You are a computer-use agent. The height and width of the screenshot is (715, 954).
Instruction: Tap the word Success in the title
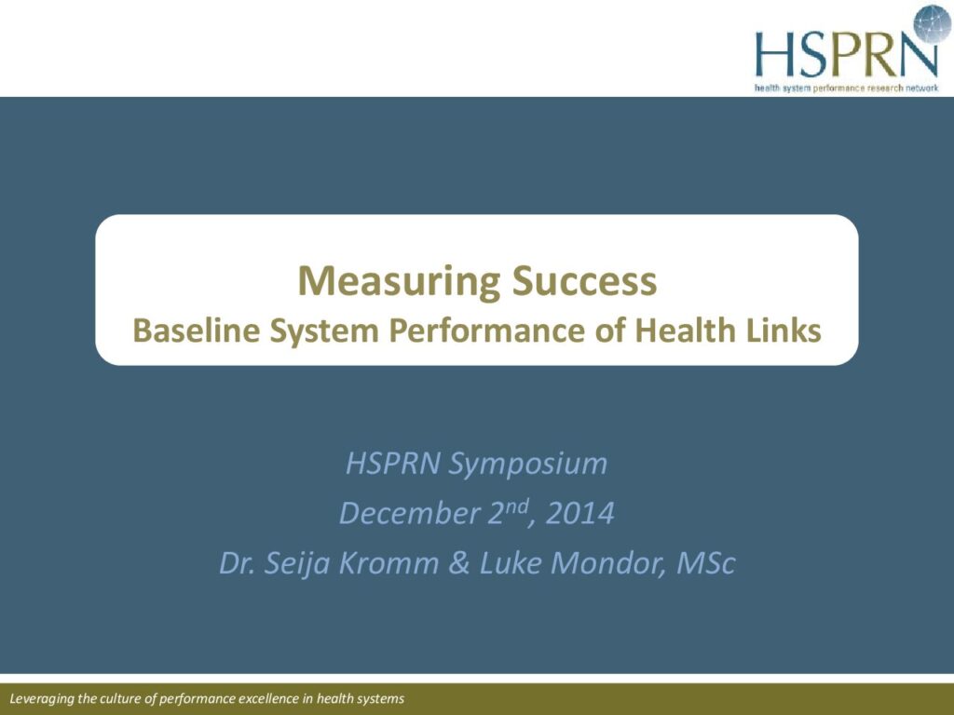(584, 280)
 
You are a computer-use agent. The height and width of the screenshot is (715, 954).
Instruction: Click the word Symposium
(527, 465)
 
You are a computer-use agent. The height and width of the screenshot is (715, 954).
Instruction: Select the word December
(409, 513)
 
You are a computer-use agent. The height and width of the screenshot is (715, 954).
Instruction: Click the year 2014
(579, 513)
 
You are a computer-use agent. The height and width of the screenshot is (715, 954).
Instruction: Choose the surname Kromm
(388, 563)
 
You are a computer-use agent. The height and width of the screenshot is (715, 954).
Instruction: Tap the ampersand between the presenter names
(458, 563)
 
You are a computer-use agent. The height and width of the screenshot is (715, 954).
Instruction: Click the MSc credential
(706, 563)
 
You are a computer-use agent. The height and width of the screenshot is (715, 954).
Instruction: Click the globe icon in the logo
(932, 23)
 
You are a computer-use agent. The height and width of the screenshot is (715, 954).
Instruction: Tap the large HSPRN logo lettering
(846, 54)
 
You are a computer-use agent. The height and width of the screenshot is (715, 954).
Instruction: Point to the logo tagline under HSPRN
(846, 88)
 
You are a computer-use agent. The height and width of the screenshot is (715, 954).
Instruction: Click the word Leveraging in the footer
(42, 699)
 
